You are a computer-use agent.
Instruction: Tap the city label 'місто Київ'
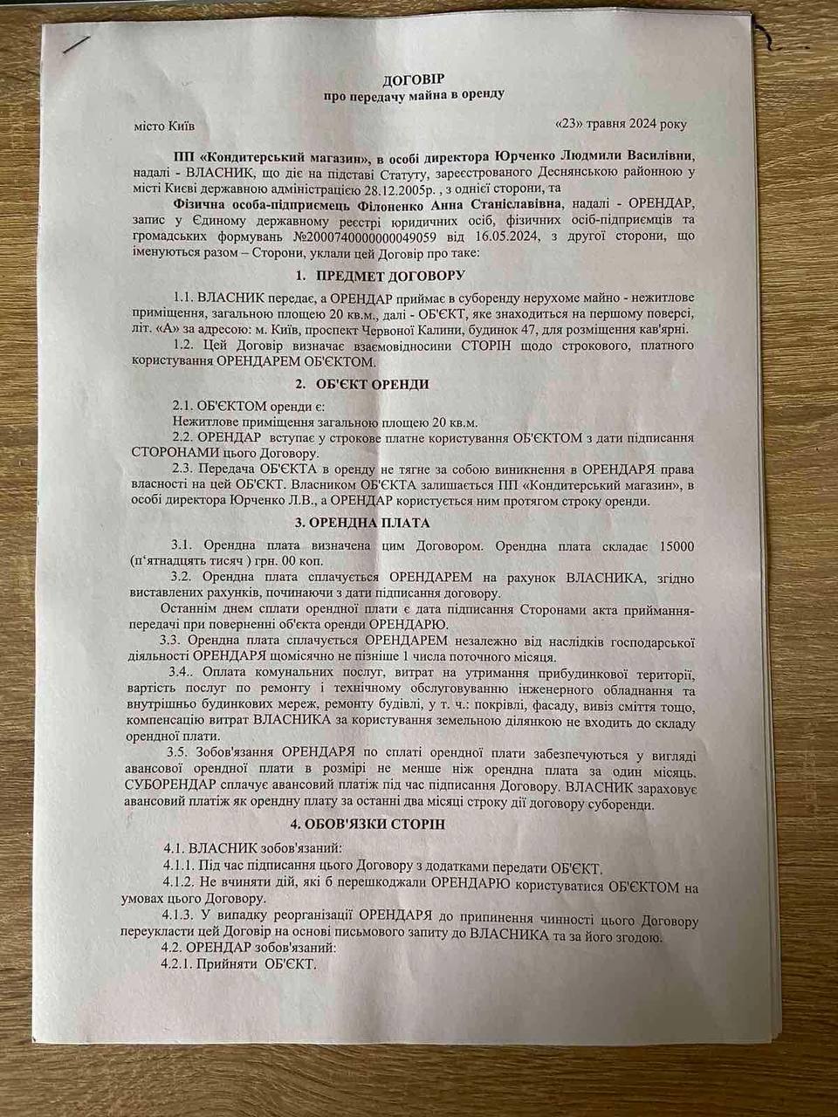pyautogui.click(x=158, y=126)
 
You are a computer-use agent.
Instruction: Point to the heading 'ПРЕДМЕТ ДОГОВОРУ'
pyautogui.click(x=388, y=277)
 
